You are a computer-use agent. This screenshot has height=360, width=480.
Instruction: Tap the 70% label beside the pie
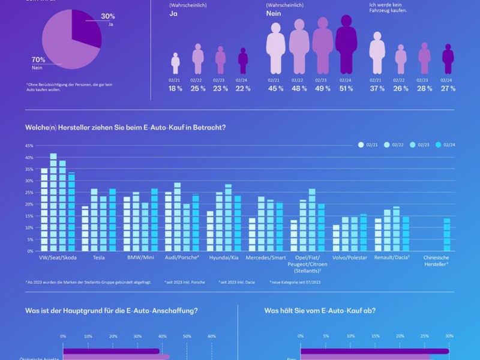point(38,59)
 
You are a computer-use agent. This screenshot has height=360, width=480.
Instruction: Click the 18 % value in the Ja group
point(175,88)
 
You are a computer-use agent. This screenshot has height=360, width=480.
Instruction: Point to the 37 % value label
point(377,88)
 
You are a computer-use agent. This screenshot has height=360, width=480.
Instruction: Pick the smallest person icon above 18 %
point(175,63)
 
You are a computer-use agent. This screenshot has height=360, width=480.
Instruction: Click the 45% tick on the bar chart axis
point(29,146)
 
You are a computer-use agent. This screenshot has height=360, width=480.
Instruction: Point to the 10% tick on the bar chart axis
point(29,228)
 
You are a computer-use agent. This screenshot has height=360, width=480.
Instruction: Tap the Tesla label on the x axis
point(100,257)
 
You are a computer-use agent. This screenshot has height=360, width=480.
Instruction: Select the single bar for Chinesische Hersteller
point(446,235)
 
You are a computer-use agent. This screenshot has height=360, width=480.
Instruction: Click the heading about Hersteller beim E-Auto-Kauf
point(125,127)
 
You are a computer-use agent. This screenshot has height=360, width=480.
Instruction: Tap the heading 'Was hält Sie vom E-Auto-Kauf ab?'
point(320,310)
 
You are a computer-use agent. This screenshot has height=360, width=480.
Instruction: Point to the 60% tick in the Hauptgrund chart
point(212,337)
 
